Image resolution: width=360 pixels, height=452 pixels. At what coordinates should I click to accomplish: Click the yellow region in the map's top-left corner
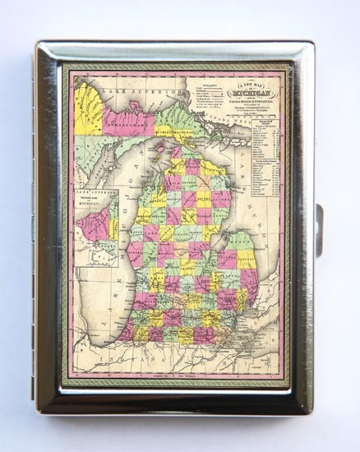pos(88,108)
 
